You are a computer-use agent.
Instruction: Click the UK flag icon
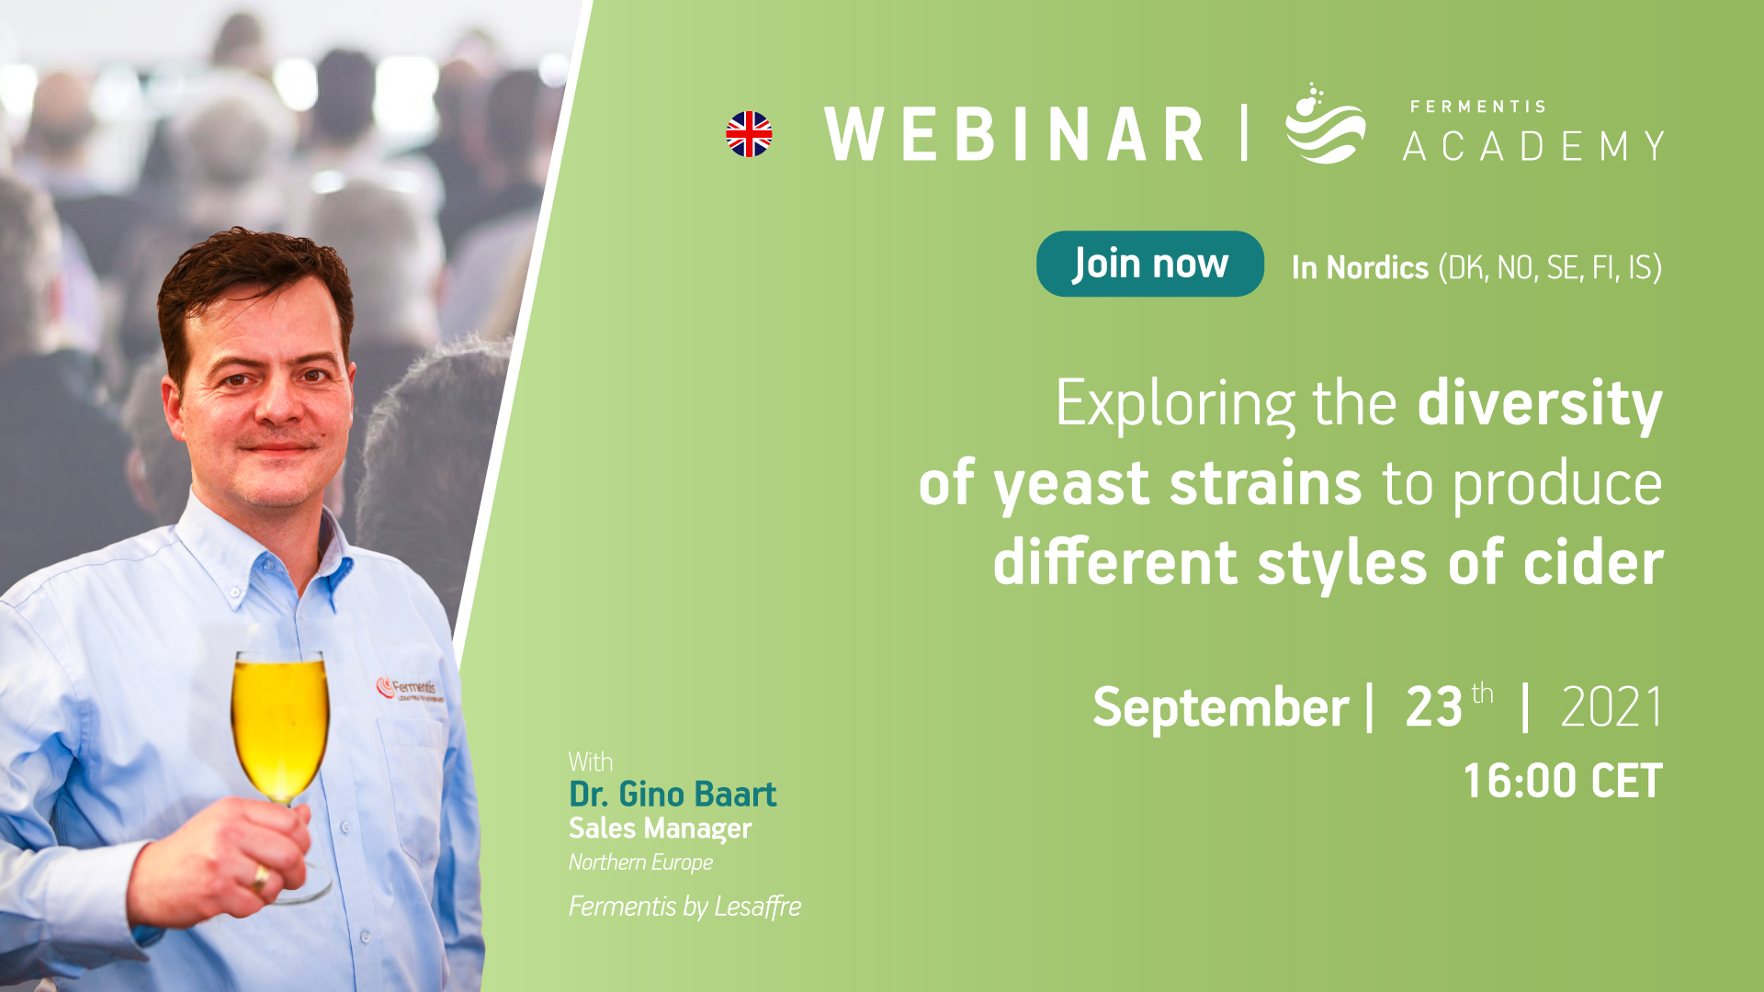tap(749, 134)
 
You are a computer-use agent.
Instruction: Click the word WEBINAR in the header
tap(1014, 134)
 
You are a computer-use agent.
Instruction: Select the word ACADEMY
tap(1533, 146)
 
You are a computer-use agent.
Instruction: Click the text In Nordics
tap(1360, 267)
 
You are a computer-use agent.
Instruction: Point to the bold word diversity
tap(1540, 404)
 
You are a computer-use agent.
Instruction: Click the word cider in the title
tap(1593, 562)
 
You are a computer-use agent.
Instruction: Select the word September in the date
tap(1220, 707)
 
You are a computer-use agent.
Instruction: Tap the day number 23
tap(1433, 707)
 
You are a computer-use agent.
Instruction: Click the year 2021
tap(1611, 707)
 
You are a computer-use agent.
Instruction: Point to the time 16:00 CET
tap(1563, 781)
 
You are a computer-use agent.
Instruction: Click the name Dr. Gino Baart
tap(673, 794)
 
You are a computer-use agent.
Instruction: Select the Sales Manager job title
tap(660, 829)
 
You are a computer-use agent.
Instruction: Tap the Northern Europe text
tap(640, 862)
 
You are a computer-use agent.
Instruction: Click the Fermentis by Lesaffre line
tap(684, 907)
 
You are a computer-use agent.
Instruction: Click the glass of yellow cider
tap(280, 735)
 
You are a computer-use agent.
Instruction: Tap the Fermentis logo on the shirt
tap(410, 689)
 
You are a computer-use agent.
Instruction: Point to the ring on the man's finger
tap(261, 877)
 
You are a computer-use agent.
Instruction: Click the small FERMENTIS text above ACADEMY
tap(1477, 107)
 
